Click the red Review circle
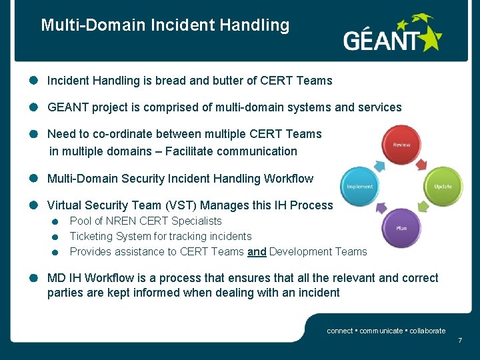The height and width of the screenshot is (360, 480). tap(401, 145)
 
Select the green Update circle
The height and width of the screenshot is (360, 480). tap(443, 186)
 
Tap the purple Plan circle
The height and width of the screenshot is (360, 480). tap(401, 227)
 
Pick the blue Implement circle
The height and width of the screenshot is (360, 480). tap(360, 186)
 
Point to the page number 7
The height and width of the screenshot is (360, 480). tap(459, 341)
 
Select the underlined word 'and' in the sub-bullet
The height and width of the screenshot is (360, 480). tap(257, 252)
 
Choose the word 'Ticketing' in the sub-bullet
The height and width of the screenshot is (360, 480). tap(91, 237)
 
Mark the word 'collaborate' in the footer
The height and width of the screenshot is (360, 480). tap(427, 331)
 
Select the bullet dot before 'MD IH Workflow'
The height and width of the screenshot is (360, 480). tap(33, 278)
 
